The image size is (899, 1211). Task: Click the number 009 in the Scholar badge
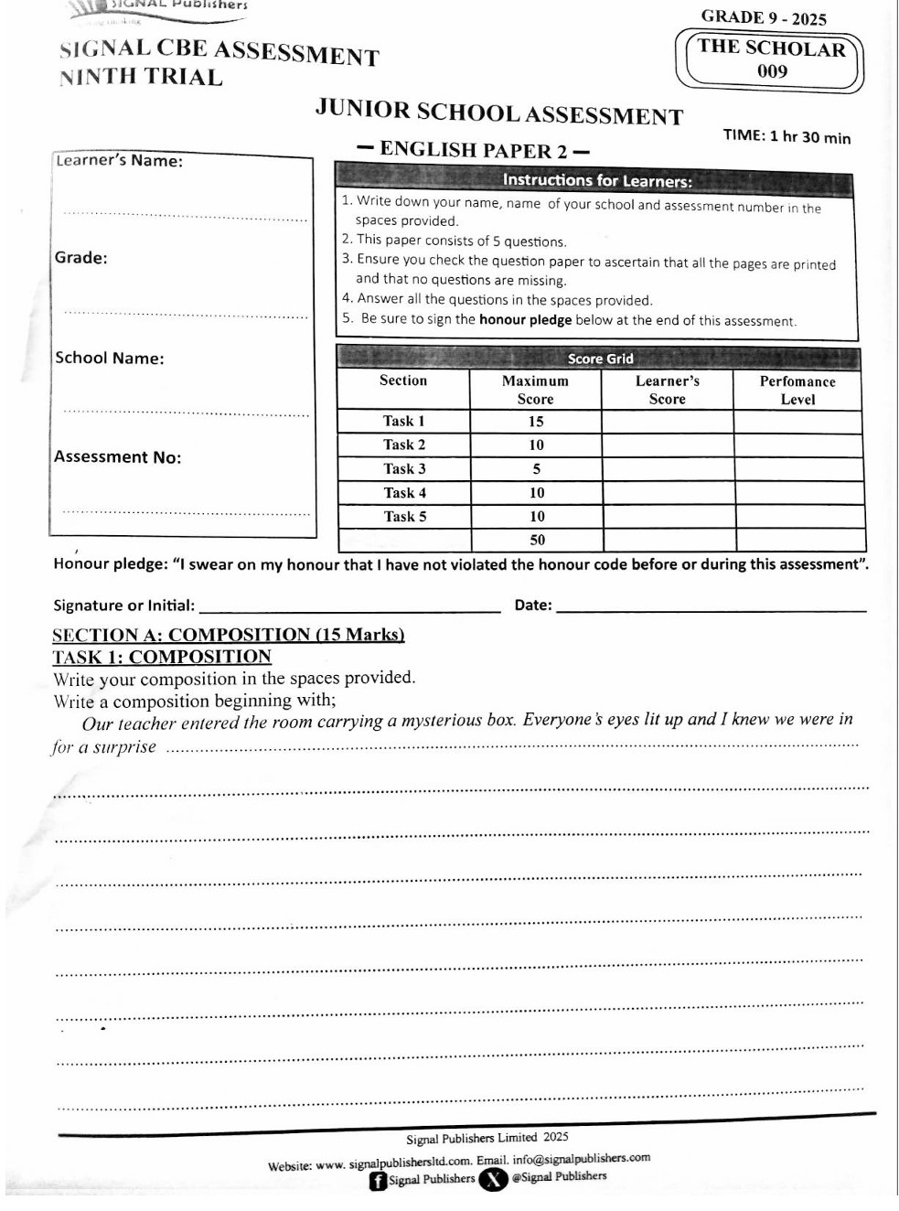[x=772, y=71]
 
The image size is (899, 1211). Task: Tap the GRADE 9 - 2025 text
[x=764, y=17]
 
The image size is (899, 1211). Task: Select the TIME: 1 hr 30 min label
[x=787, y=136]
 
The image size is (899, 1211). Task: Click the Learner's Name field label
[x=119, y=161]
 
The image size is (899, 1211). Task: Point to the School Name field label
[x=110, y=358]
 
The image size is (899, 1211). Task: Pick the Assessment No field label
[x=117, y=456]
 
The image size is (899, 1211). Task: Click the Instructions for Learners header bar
[x=596, y=180]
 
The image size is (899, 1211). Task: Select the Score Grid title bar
[x=600, y=359]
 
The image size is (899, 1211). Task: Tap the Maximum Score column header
[x=535, y=390]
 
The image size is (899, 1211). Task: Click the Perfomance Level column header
[x=797, y=390]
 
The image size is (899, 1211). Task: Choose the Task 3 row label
[x=404, y=468]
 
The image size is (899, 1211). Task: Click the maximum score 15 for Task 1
[x=536, y=422]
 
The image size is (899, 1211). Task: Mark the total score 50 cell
[x=537, y=540]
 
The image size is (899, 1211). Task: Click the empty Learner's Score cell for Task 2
[x=668, y=445]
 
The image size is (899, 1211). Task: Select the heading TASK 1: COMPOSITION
[x=162, y=657]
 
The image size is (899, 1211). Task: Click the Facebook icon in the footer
[x=378, y=1181]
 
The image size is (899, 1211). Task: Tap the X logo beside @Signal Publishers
[x=493, y=1179]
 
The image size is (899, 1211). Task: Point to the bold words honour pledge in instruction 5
[x=525, y=320]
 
